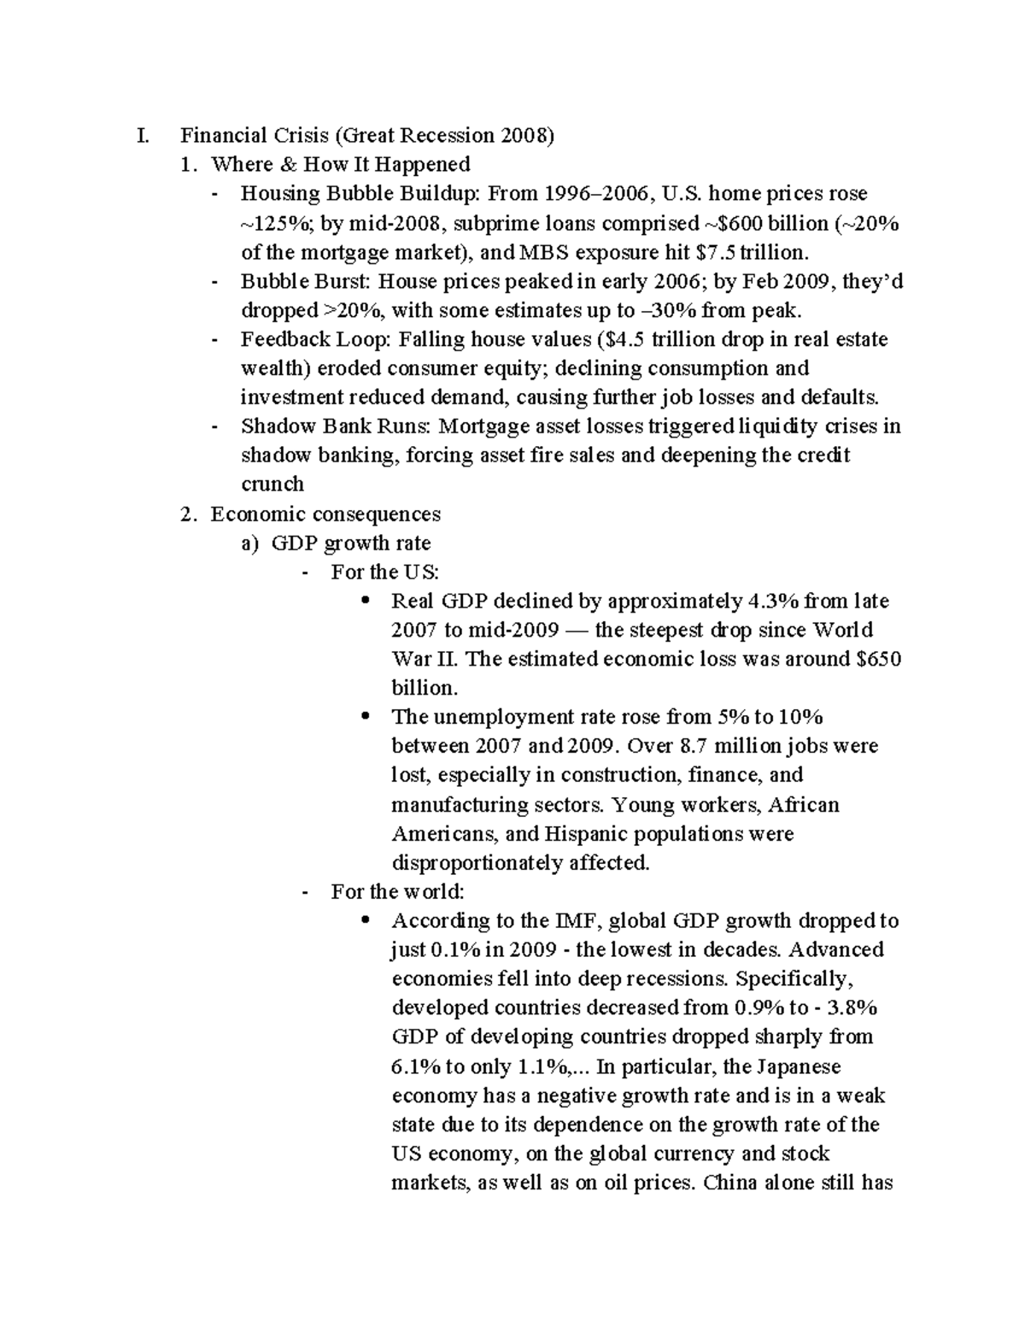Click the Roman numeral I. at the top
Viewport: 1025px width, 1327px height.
click(141, 135)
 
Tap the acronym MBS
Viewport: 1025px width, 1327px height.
click(544, 252)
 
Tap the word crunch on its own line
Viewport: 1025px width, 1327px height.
click(272, 484)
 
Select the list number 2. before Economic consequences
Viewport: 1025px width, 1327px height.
click(190, 514)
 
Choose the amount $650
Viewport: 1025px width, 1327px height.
click(873, 659)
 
